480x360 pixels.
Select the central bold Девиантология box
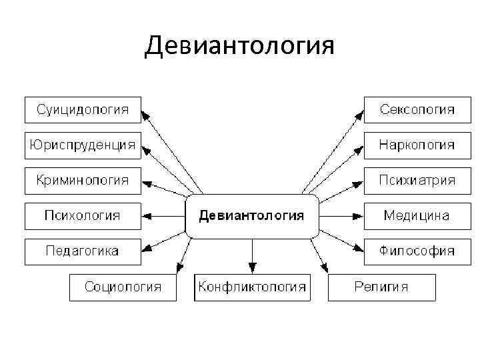click(251, 216)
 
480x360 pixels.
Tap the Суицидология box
click(83, 109)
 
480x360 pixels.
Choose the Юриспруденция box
click(83, 145)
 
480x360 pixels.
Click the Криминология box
click(83, 180)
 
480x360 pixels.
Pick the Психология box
click(83, 215)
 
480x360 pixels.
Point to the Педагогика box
click(83, 251)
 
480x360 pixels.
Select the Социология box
click(123, 287)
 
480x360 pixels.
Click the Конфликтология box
click(251, 287)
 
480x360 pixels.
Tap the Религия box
click(381, 287)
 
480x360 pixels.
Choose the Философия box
click(417, 251)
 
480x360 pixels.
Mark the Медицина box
click(417, 215)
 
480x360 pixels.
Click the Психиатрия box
click(417, 180)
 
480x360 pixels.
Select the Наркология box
click(417, 145)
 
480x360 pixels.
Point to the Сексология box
click(417, 109)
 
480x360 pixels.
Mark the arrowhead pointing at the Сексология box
click(359, 114)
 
